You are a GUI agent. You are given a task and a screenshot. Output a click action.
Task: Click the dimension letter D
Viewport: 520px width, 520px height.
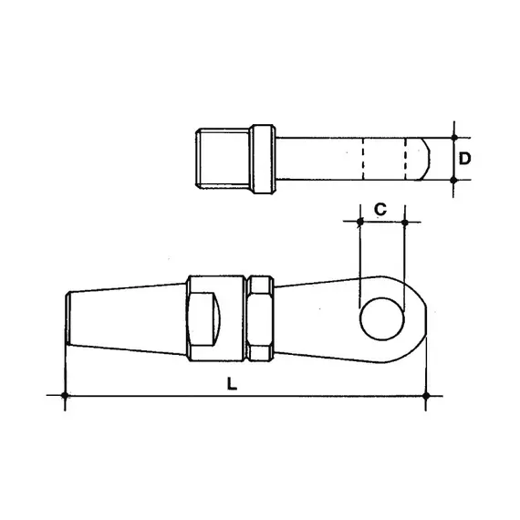464,158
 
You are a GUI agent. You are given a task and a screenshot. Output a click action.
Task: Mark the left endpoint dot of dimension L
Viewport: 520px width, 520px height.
65,395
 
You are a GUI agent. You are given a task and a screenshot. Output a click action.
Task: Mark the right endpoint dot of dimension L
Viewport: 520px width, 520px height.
426,395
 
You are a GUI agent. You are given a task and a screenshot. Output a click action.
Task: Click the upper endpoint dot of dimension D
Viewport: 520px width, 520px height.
453,137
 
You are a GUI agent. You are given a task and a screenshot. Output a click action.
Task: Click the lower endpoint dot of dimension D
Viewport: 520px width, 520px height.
453,181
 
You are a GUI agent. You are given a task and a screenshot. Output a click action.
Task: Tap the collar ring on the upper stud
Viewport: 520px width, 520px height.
262,159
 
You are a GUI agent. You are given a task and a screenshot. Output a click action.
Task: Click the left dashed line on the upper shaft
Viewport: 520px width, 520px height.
362,159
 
